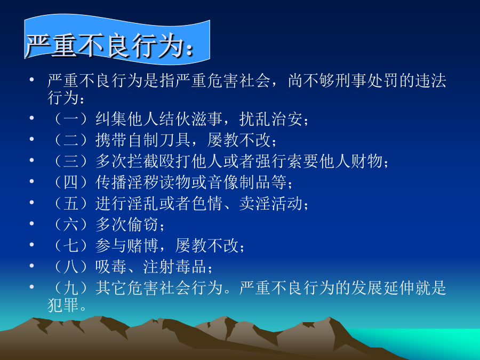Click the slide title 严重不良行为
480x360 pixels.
105,46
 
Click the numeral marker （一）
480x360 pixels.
71,119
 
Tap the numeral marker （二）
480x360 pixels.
71,140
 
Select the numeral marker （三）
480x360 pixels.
71,161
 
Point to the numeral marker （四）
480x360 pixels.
71,182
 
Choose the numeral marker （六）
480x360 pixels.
71,225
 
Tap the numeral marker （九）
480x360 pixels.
71,288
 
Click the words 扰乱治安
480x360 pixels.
271,119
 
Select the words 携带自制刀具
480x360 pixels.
143,140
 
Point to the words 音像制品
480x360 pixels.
239,182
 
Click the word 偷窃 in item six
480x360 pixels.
143,225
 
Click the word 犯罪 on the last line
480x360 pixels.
63,305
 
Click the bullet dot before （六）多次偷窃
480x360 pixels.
31,223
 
